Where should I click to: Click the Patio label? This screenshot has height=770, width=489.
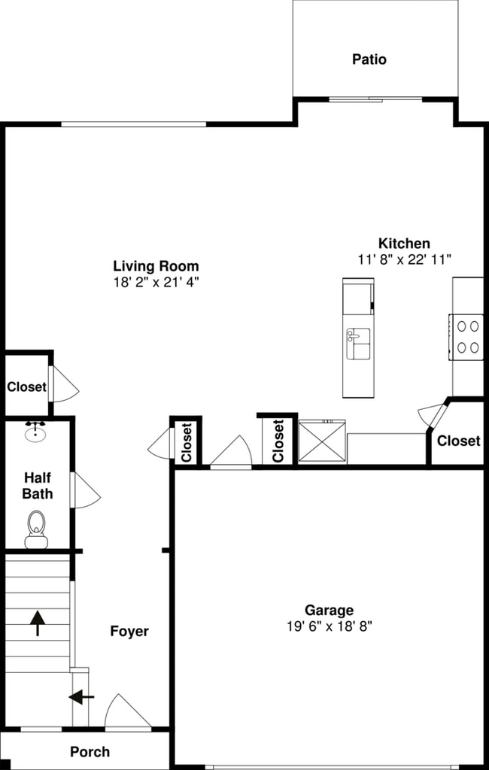pos(369,59)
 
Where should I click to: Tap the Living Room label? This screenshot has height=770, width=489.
pos(156,265)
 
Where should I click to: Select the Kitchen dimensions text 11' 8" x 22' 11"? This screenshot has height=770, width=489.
pos(404,259)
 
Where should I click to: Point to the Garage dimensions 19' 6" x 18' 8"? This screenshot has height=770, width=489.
pos(329,625)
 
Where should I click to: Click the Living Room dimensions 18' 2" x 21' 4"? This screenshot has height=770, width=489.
pos(156,282)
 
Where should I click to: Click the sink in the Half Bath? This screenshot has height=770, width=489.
pos(35,432)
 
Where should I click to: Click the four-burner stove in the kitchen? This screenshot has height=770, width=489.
pos(467,336)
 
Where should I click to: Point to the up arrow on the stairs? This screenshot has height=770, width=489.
pos(37,623)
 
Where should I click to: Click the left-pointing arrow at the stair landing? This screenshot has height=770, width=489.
pos(81,697)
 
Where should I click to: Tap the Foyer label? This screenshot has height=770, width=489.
pos(129,631)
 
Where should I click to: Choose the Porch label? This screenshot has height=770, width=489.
pos(90,751)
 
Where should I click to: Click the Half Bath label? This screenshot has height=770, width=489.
pos(38,486)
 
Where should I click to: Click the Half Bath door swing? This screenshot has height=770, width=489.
pos(85,490)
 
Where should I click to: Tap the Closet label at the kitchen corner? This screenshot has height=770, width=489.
pos(458,441)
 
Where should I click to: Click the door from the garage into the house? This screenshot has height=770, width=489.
pos(230,453)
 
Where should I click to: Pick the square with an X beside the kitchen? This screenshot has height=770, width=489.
pos(322,441)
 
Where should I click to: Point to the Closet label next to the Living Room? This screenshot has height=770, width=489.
pos(26,387)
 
